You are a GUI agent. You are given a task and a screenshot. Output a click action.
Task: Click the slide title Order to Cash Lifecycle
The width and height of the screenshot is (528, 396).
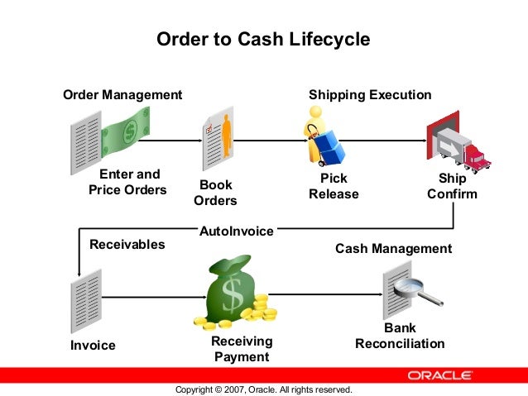click(263, 39)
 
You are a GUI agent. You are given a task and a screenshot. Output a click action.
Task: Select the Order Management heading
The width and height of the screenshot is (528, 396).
click(122, 95)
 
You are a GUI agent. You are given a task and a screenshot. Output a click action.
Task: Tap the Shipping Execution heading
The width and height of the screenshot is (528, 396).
click(370, 95)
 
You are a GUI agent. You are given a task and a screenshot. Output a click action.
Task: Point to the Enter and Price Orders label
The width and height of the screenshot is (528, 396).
click(128, 182)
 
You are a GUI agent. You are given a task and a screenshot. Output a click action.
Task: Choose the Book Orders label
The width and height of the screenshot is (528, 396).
click(215, 193)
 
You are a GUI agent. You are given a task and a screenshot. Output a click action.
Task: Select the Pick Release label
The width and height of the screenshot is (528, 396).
click(334, 186)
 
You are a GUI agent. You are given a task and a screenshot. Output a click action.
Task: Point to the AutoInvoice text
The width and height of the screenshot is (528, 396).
click(236, 231)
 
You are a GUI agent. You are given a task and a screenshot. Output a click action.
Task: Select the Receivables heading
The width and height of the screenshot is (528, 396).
click(127, 245)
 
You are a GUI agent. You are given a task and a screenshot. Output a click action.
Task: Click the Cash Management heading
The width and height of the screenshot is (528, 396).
click(393, 248)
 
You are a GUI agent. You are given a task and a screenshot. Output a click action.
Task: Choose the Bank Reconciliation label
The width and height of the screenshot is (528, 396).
click(400, 336)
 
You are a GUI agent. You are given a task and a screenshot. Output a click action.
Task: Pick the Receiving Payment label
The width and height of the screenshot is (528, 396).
click(242, 349)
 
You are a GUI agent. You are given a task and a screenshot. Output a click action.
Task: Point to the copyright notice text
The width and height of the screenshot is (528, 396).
click(264, 389)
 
